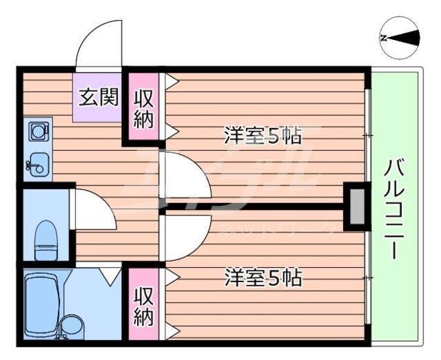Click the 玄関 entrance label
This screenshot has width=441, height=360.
click(x=97, y=97)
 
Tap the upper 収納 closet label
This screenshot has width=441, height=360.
click(x=143, y=108)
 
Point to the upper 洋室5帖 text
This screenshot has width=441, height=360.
click(x=263, y=136)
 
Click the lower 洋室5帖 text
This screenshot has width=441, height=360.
click(x=263, y=279)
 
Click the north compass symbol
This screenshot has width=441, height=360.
click(x=399, y=39)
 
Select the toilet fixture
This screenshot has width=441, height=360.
click(x=45, y=237)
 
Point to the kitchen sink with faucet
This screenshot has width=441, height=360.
click(x=38, y=164)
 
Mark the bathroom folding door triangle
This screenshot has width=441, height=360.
click(x=108, y=276)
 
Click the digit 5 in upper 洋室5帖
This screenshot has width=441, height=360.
click(x=273, y=136)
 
